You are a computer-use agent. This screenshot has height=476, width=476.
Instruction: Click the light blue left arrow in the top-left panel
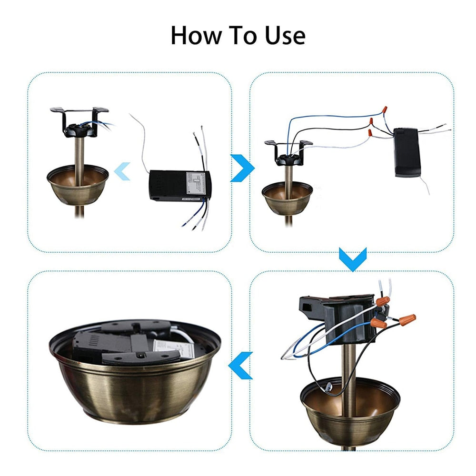coord(123,170)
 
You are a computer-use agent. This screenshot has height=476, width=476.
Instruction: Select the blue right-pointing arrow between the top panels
coord(242,168)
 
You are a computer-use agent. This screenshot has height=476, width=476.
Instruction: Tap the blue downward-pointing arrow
coord(352,259)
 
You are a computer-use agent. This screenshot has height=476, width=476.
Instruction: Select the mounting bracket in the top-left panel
coord(79,119)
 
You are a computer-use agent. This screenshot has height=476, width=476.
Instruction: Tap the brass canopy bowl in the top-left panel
coord(78,186)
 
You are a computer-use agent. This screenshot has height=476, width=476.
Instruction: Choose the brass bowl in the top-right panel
coord(287,198)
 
